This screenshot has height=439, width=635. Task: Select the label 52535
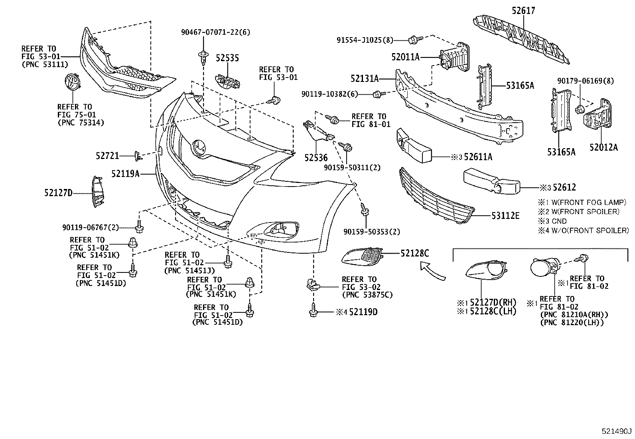[x=227, y=58]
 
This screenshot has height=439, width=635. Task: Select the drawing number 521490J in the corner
[x=616, y=431]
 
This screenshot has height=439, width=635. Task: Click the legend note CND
[x=559, y=221]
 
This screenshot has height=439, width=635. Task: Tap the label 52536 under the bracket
[x=316, y=158]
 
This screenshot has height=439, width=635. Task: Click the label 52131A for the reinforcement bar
[x=365, y=78]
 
